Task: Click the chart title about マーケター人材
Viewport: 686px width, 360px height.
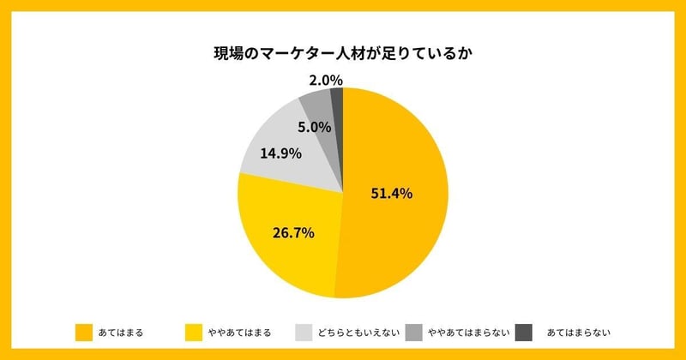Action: (x=343, y=54)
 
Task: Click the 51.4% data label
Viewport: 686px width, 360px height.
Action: (x=391, y=194)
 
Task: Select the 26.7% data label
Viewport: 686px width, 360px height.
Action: (x=293, y=232)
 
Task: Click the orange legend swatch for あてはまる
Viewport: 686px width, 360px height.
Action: (x=83, y=332)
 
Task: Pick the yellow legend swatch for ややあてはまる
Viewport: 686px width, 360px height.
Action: (x=194, y=332)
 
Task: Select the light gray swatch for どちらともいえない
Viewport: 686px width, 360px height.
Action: (x=303, y=332)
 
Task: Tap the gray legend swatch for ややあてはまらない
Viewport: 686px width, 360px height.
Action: (x=413, y=332)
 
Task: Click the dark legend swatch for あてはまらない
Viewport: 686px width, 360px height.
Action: (x=523, y=332)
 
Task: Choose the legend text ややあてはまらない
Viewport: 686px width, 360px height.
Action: (x=468, y=332)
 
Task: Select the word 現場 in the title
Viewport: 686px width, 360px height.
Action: (x=229, y=54)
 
